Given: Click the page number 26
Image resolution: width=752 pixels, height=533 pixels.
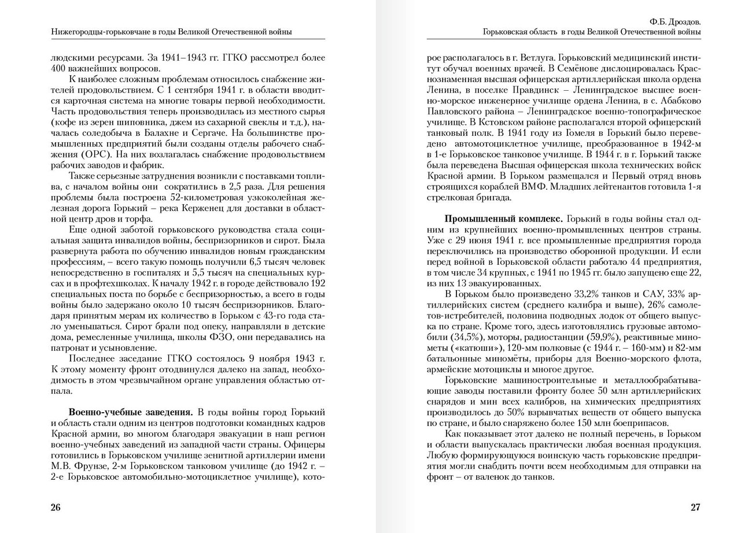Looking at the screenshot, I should tap(56, 508).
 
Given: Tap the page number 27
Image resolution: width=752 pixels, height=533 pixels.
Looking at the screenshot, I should tap(695, 508).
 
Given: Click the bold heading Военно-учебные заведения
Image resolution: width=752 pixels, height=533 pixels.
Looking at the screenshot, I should tap(131, 412).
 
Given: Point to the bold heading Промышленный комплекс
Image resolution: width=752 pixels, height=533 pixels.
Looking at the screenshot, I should tap(503, 220).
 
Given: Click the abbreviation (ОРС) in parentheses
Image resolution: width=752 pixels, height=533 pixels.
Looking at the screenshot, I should tap(99, 155).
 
